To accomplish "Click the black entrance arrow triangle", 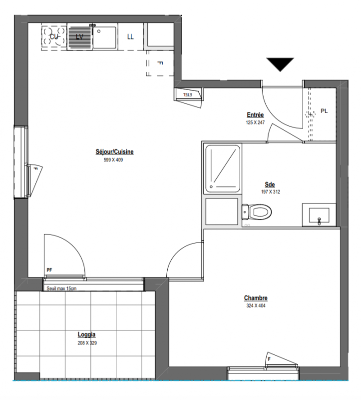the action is click(280, 64).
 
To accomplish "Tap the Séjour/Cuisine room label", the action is click(115, 152).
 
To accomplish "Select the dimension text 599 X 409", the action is click(113, 160).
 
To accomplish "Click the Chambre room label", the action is click(256, 297).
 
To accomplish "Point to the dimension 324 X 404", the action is click(256, 305).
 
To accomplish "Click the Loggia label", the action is click(86, 334).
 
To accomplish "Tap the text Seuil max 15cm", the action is click(61, 288).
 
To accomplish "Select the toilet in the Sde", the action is click(257, 211).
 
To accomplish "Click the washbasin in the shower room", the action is click(319, 215).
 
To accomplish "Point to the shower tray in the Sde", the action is click(223, 168).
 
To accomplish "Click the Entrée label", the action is click(255, 115).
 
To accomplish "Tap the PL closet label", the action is click(324, 111).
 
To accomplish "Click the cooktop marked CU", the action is click(54, 36).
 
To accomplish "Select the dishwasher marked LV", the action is click(79, 36).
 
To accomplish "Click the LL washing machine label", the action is click(130, 36).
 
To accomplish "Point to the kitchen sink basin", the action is click(104, 37).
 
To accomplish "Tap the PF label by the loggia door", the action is click(49, 270).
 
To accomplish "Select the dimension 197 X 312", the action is click(270, 192).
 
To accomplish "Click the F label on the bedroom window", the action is click(269, 359).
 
